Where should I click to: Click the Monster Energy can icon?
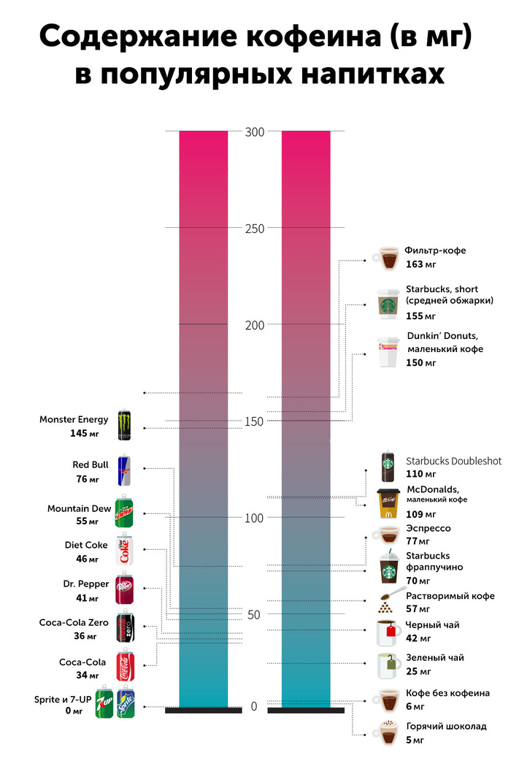[125, 425]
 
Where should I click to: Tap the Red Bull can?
[123, 470]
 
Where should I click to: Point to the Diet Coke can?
[124, 550]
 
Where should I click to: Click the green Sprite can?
[126, 703]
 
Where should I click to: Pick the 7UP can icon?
[105, 703]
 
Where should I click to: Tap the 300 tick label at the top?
[255, 131]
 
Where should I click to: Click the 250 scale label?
[255, 228]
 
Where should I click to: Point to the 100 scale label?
[255, 518]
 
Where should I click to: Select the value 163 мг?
[420, 264]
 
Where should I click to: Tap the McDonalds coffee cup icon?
[388, 503]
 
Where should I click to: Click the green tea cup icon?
[388, 665]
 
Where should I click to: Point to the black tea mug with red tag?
[388, 632]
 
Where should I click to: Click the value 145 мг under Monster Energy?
[84, 433]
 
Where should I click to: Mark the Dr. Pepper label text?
[86, 584]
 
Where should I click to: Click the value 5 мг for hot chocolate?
[415, 741]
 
